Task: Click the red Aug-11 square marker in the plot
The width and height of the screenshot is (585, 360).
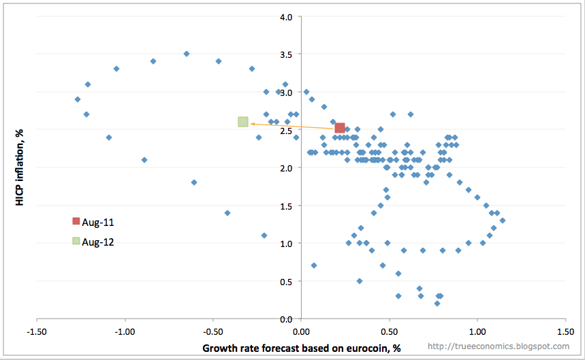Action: [340, 127]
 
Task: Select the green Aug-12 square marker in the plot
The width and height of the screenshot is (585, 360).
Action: [243, 122]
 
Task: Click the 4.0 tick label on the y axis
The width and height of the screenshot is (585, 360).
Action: [285, 16]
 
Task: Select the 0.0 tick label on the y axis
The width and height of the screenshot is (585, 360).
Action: [285, 318]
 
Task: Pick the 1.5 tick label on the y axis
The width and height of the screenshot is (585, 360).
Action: [285, 205]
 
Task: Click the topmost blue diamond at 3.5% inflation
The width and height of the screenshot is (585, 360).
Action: [186, 53]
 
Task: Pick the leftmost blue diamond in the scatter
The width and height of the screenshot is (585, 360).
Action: [78, 99]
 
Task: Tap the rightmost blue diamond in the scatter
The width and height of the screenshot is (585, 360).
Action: [503, 220]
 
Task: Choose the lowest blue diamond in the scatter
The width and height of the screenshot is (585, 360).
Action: [437, 304]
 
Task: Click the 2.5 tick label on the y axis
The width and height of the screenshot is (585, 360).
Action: [285, 129]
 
